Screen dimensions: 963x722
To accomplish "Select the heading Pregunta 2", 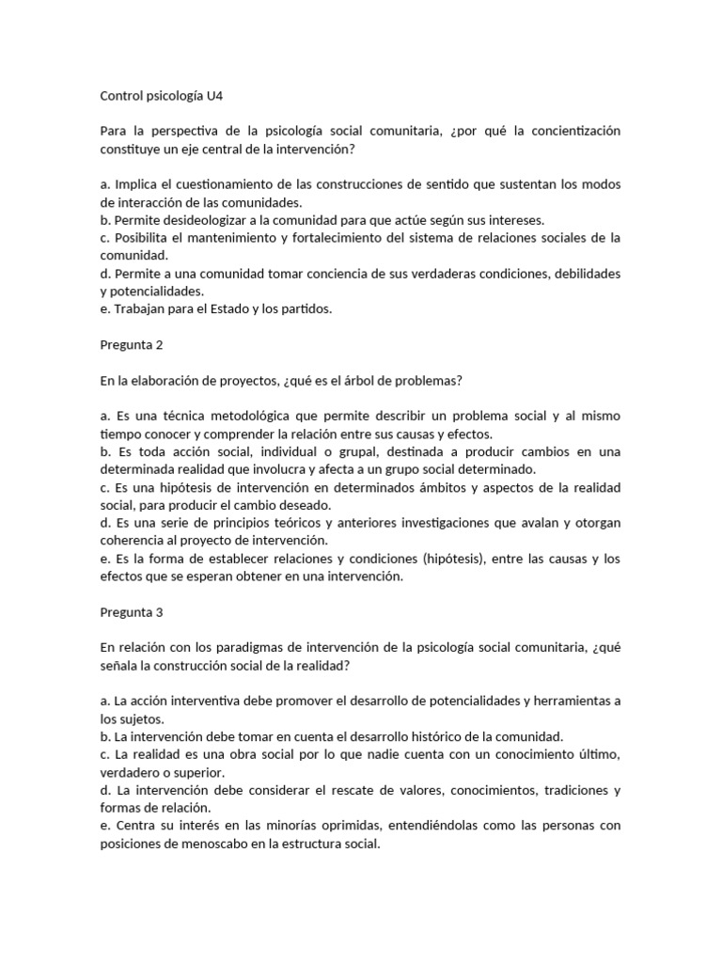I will [x=132, y=344].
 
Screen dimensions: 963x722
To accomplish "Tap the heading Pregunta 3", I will [x=132, y=611].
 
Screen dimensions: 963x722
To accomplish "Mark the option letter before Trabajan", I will [x=104, y=308].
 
